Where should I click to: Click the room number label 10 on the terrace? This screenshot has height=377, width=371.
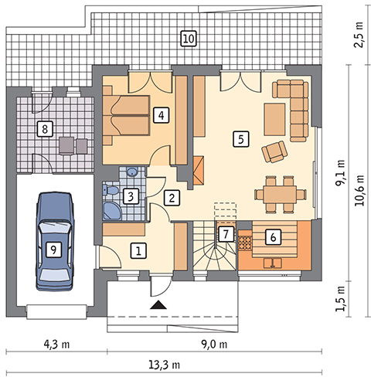189,39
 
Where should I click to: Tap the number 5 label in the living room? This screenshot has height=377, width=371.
241,139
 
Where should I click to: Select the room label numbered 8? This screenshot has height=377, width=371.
45,129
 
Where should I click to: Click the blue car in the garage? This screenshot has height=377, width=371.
55,241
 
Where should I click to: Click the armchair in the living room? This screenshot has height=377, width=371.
274,151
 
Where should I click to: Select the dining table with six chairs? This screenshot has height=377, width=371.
280,194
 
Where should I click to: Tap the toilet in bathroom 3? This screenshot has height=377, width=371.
111,190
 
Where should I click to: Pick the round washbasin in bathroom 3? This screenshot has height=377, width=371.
133,172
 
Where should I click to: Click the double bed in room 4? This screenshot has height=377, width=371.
127,116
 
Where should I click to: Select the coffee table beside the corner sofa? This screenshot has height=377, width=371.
274,119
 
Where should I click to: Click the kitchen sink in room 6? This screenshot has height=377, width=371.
272,263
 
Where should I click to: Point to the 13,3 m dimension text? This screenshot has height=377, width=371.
165,365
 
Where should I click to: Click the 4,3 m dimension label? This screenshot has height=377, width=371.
56,344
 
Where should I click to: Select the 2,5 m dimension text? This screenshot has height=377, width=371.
359,35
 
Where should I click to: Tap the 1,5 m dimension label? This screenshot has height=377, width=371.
340,299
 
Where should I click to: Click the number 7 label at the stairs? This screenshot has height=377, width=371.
226,234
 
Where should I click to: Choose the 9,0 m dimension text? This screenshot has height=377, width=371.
214,344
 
